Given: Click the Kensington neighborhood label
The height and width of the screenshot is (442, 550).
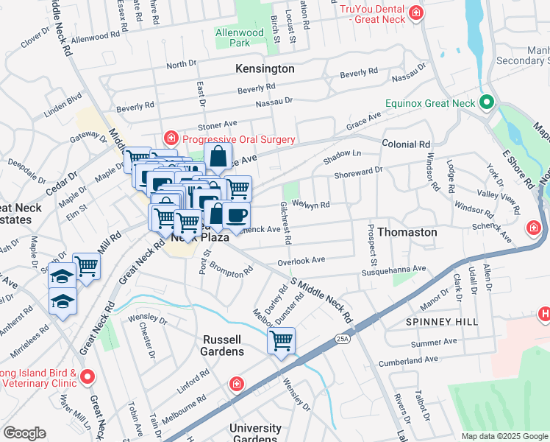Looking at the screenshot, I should click(265, 69).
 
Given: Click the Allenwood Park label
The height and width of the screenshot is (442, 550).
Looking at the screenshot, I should click(238, 38).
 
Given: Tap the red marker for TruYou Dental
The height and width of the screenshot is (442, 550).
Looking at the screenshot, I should click(417, 13).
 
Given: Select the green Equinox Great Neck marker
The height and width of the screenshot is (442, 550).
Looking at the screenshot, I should click(486, 102).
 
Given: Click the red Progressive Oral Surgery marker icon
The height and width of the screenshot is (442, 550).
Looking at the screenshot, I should click(171, 138).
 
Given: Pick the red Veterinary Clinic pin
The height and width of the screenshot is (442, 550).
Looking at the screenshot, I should click(87, 377).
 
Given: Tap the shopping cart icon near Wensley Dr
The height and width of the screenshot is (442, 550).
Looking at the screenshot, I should click(281, 341).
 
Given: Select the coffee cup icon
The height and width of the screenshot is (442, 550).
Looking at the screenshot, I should click(235, 215).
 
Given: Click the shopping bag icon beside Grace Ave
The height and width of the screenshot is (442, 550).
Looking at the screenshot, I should click(218, 157).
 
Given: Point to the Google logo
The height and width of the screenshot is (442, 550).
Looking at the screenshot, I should click(24, 433).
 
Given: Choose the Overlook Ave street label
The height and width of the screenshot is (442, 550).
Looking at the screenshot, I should click(301, 261).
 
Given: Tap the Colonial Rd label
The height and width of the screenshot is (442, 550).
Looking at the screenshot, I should click(406, 144).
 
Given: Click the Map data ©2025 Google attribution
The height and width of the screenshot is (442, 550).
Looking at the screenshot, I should click(504, 436).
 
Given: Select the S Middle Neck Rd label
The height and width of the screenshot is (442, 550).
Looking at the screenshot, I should click(322, 301).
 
